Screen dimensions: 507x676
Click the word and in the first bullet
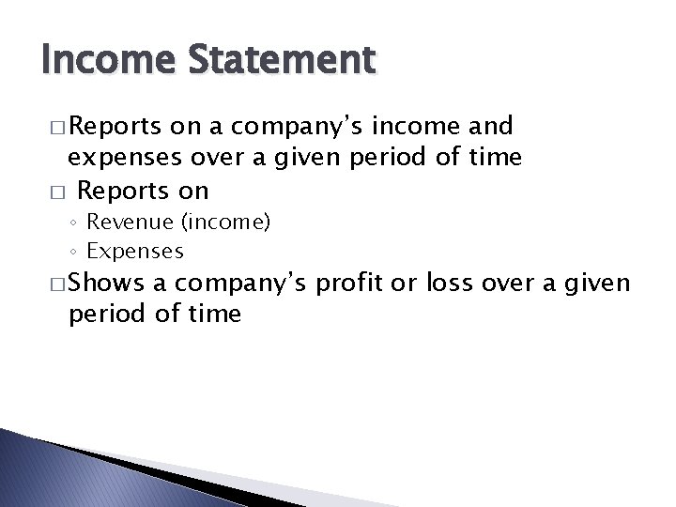491,127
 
